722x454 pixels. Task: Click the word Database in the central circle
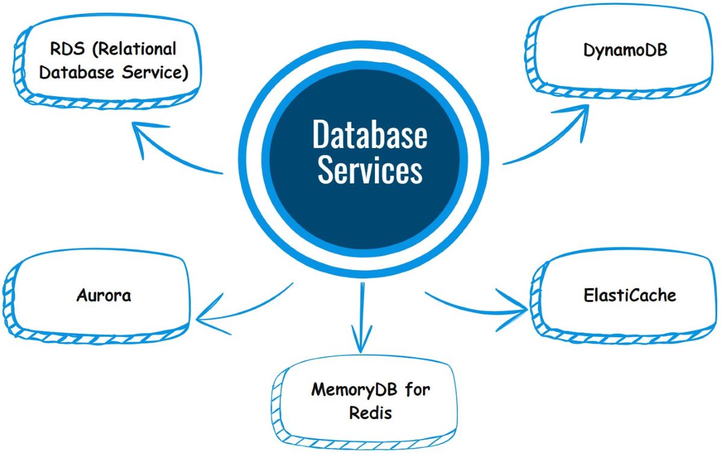click(369, 135)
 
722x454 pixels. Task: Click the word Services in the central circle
click(369, 170)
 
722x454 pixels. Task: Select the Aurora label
click(104, 295)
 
